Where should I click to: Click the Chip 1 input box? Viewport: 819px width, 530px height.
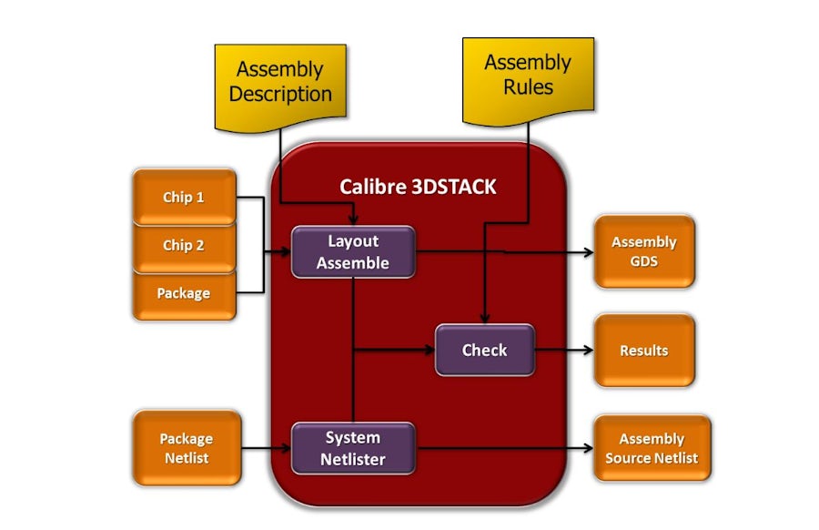(184, 197)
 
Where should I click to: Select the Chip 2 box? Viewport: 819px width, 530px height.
(184, 245)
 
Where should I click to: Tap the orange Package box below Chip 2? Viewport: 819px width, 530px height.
(184, 293)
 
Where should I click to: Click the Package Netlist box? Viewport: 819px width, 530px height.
(187, 448)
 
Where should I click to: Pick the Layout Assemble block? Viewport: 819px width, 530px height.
(353, 252)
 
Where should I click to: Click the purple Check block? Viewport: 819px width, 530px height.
(484, 350)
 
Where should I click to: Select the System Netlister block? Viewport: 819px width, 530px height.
(353, 448)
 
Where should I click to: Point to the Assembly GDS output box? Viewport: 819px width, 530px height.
(643, 251)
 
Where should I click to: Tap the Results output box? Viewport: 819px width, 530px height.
(643, 351)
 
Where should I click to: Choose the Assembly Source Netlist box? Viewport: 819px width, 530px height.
(652, 448)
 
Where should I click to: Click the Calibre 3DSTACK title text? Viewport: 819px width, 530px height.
(418, 187)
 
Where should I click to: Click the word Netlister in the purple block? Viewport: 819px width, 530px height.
(353, 459)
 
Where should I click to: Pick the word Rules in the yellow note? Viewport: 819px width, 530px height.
(528, 88)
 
